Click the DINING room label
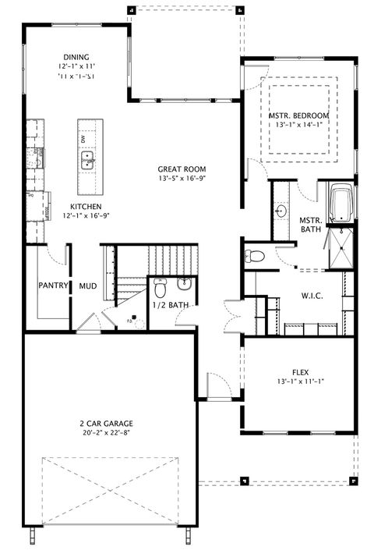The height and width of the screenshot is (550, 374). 77,57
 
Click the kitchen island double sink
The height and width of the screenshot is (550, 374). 88,161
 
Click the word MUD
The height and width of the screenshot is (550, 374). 88,286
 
